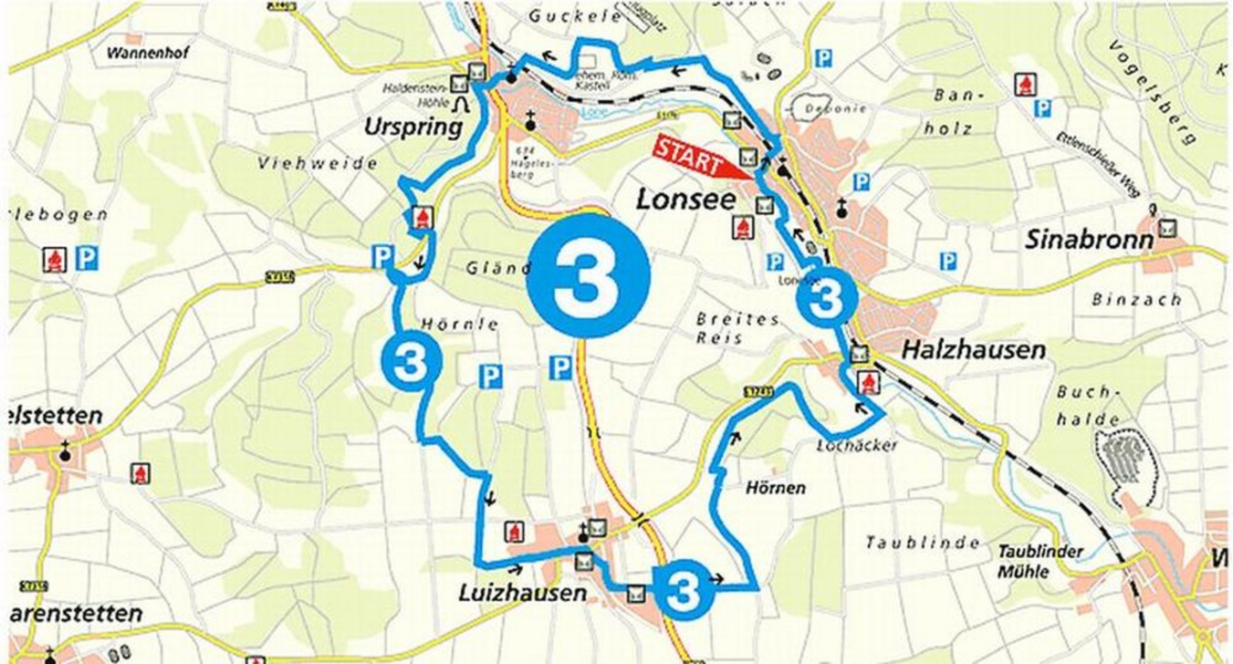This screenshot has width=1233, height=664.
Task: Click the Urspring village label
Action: coord(413,127)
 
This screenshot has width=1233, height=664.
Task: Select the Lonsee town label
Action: coord(686,199)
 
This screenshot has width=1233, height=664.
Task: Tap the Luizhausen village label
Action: coord(522,593)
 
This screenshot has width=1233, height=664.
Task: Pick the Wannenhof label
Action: coord(147,53)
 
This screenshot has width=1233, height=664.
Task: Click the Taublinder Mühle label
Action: coord(1040,562)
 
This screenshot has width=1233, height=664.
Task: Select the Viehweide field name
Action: coord(317,164)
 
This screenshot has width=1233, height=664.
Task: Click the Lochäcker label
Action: coord(856,445)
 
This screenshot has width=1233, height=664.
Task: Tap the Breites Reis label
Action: coord(736,328)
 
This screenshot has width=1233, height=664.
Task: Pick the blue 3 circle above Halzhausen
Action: coord(827,297)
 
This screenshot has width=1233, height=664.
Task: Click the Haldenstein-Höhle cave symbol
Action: coord(461,104)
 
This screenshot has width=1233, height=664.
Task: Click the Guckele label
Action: coord(575,17)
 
